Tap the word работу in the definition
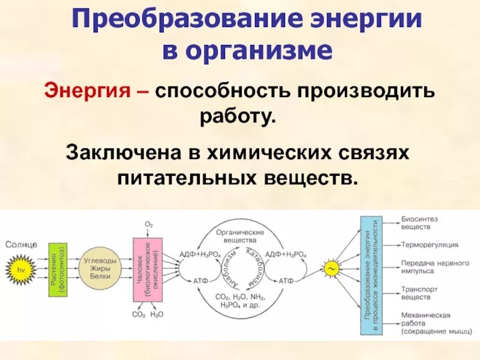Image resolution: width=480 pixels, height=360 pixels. click(238, 115)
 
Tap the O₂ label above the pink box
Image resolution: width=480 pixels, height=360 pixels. click(149, 224)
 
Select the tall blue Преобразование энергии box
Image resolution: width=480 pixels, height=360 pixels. click(371, 268)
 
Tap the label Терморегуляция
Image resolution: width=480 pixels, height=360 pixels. click(430, 245)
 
